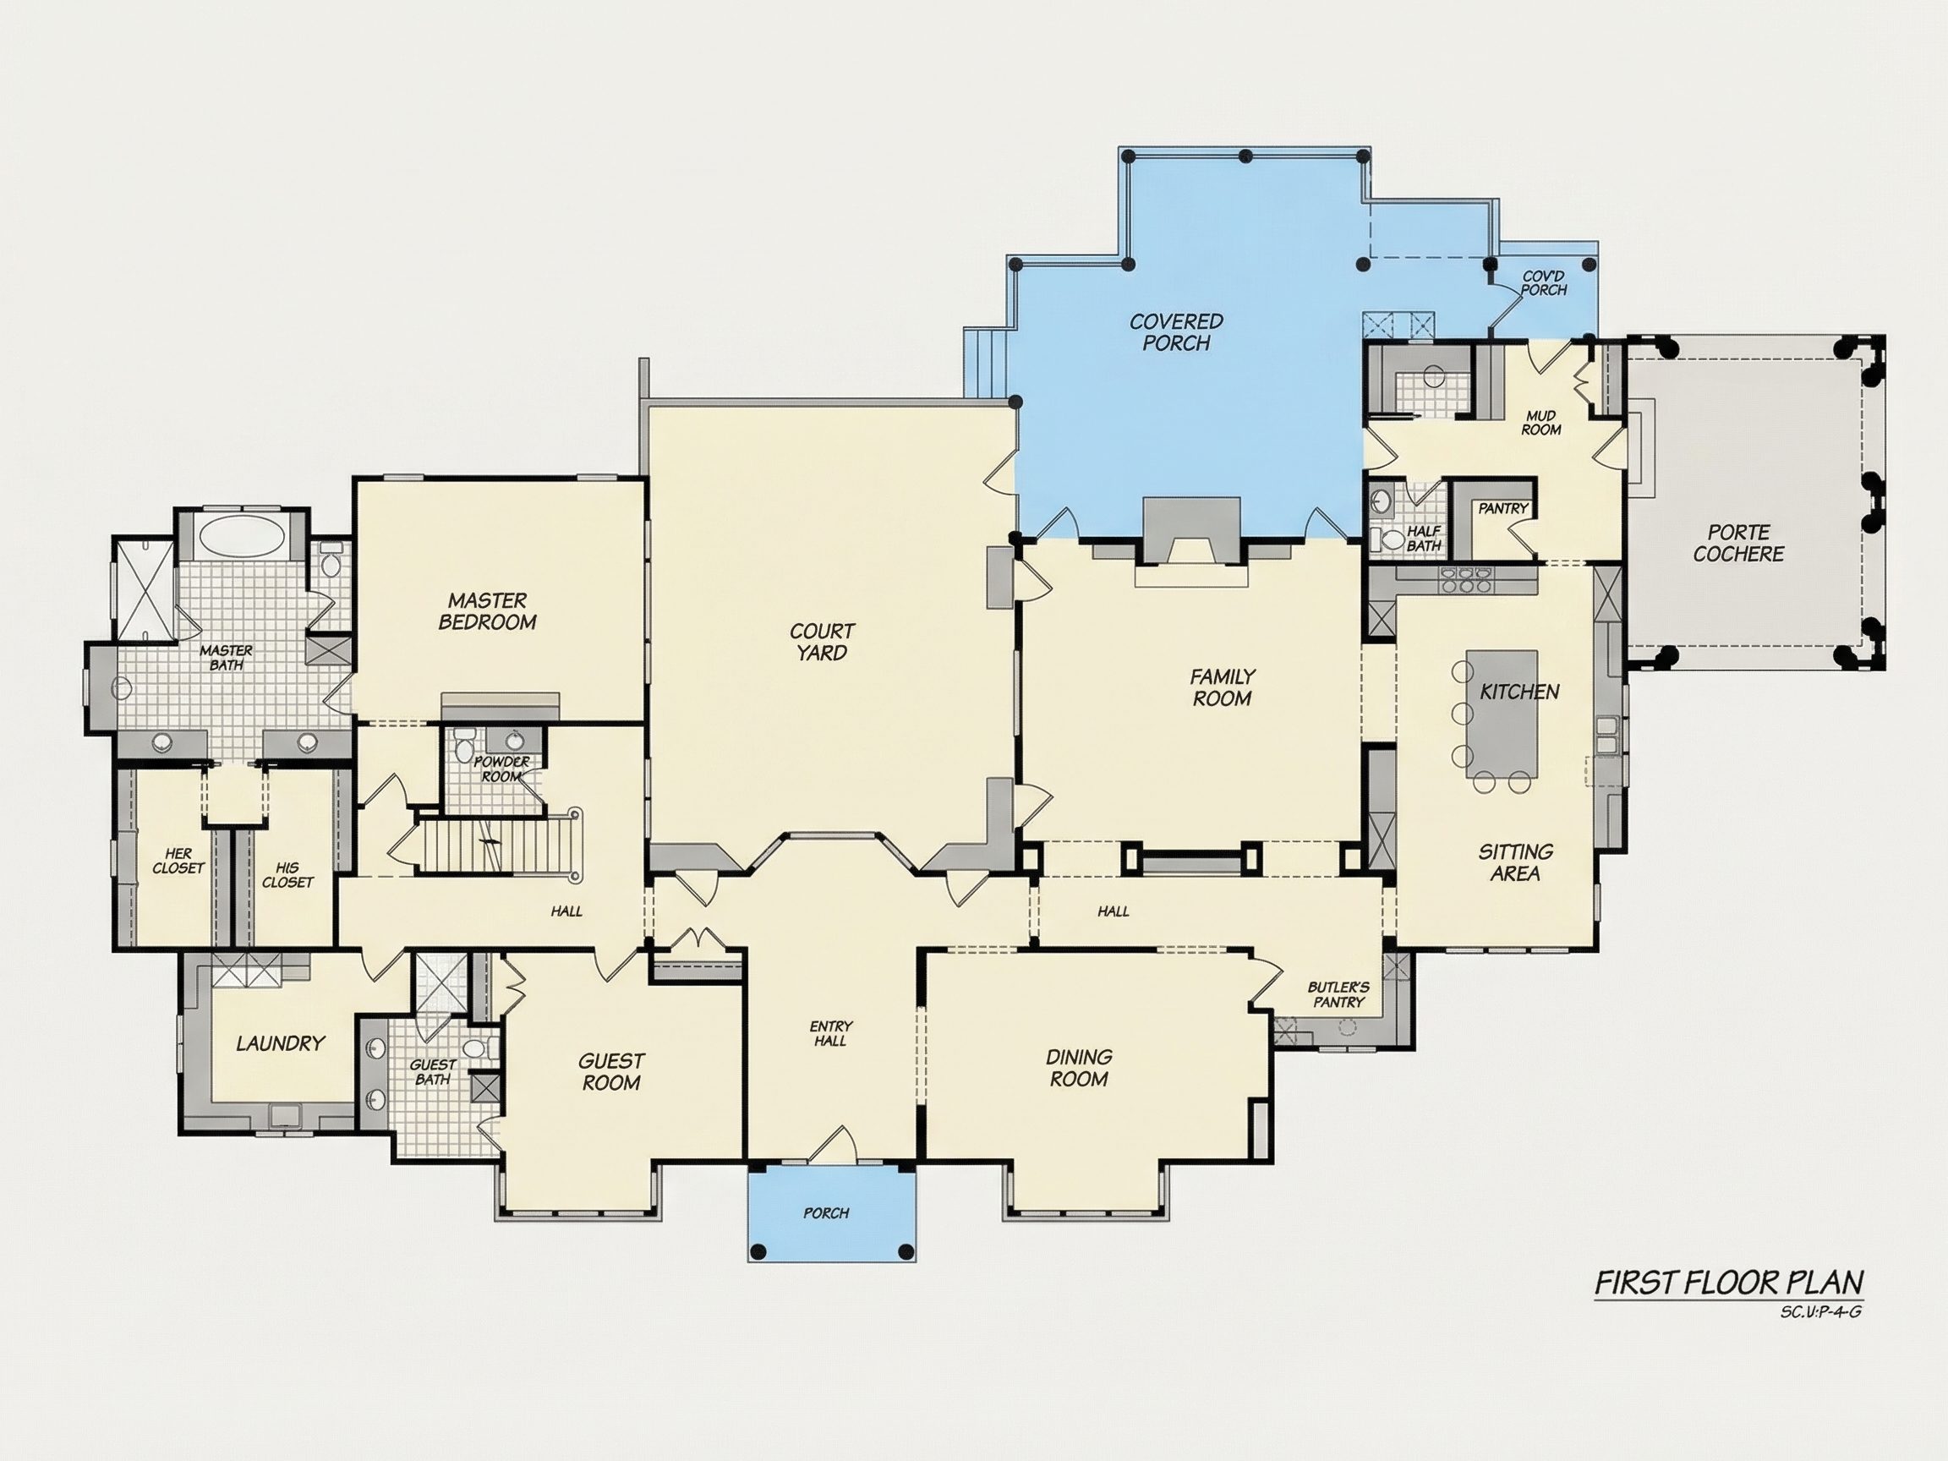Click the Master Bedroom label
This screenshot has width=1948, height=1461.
(x=487, y=611)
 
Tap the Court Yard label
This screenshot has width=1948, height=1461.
(x=822, y=642)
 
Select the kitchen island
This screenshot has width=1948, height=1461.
(x=1502, y=714)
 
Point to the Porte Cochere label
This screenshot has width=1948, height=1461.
(x=1738, y=544)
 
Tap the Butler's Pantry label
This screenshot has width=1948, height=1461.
(x=1338, y=995)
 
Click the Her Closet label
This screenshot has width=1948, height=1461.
(x=178, y=861)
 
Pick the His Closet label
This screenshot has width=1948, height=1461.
(x=287, y=874)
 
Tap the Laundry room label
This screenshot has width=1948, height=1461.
(x=280, y=1043)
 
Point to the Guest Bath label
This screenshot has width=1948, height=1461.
(x=432, y=1072)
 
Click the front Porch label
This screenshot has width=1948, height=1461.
(x=826, y=1212)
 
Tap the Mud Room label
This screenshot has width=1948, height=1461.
(x=1541, y=423)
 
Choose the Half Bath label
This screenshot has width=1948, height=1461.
(x=1423, y=538)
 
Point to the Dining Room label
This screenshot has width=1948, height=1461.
(x=1079, y=1067)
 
